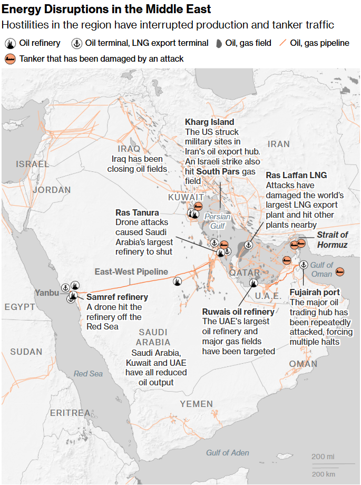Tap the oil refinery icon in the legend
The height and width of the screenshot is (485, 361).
(9, 43)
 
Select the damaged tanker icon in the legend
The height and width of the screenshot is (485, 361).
(9, 59)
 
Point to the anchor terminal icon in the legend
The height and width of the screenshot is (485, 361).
(77, 43)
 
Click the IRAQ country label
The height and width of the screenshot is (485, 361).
(129, 149)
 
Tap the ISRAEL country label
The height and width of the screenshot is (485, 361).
(32, 164)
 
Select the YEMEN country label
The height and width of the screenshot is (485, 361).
(196, 404)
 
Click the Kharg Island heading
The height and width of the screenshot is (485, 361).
(209, 122)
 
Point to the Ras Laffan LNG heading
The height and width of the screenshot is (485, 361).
(296, 175)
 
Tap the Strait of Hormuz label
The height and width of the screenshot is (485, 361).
(332, 239)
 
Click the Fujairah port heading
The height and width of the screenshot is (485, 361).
(315, 292)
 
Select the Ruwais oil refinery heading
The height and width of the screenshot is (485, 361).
(238, 312)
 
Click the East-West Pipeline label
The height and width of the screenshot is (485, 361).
(131, 271)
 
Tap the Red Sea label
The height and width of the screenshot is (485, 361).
(88, 373)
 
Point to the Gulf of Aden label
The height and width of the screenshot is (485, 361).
(228, 452)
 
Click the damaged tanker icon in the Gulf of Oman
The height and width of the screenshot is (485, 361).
(340, 271)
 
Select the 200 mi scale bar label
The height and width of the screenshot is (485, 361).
(323, 456)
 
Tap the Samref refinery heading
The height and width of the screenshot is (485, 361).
(117, 297)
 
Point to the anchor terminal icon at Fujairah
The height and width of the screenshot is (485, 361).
(304, 265)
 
